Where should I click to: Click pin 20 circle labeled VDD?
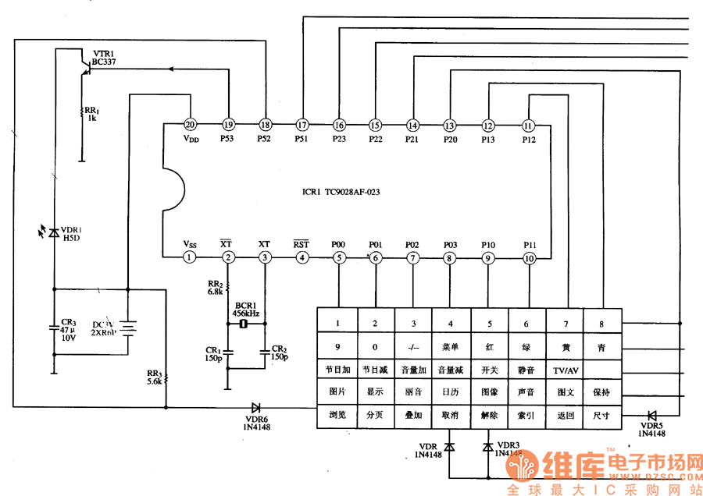189,125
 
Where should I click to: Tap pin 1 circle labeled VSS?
189,257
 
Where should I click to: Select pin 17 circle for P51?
302,125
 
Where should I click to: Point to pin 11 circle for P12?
529,125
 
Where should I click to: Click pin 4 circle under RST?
302,257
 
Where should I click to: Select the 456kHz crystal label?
246,313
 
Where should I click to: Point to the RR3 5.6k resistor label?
153,377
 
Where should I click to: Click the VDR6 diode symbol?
256,407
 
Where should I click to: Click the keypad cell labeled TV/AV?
566,370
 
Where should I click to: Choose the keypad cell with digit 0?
375,347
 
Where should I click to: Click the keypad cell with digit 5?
489,324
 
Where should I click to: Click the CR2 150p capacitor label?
279,352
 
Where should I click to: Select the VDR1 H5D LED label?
71,233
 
